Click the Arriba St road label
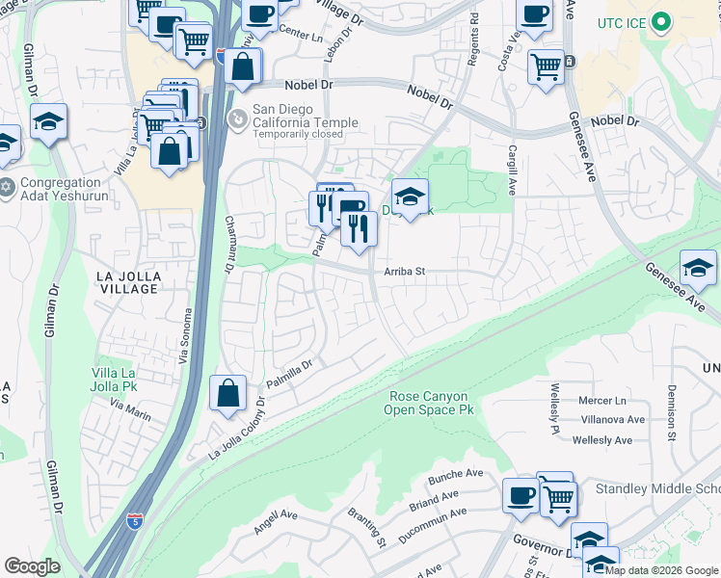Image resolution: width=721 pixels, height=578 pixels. tap(405, 273)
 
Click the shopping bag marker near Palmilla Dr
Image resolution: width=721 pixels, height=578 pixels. tap(227, 394)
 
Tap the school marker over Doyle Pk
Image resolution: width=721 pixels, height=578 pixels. tap(410, 197)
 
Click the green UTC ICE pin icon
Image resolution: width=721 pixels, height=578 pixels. tap(660, 21)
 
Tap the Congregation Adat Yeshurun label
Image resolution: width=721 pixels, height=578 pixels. tap(60, 189)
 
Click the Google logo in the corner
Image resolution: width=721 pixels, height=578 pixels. tap(32, 566)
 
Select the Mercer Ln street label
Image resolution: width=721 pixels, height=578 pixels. tap(602, 400)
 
